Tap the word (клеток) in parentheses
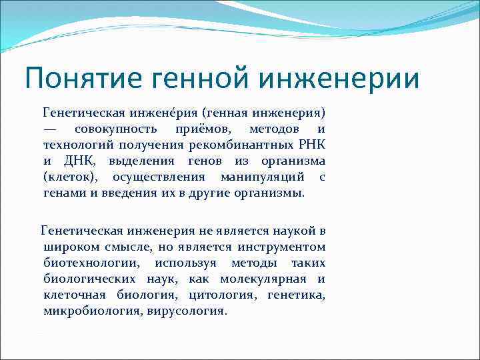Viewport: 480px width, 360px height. pos(71,177)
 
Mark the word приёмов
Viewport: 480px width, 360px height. pos(204,128)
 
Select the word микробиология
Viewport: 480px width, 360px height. pos(91,311)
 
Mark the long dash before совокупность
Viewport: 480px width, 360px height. pos(53,128)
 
